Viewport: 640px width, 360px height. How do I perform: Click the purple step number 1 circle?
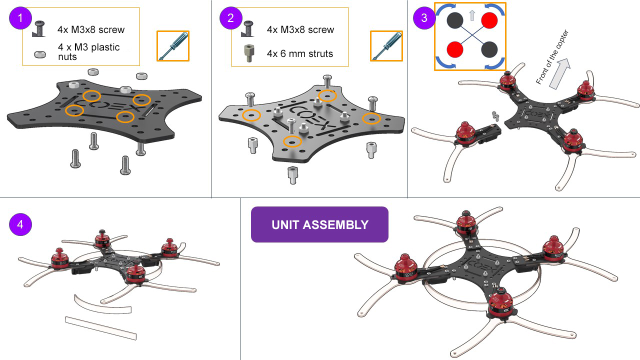[x=20, y=18]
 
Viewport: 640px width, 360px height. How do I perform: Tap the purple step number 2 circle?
[x=230, y=18]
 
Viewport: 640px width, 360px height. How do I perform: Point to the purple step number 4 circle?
[x=20, y=224]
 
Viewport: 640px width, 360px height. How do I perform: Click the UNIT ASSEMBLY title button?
[x=319, y=224]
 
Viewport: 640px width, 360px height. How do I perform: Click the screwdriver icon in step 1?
[x=173, y=46]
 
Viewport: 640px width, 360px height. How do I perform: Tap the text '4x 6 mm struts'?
[x=299, y=53]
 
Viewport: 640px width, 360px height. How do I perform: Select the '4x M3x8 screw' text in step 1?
[x=91, y=29]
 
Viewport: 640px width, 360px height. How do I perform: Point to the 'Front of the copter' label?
[x=552, y=57]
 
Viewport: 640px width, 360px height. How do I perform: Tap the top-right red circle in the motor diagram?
[x=488, y=20]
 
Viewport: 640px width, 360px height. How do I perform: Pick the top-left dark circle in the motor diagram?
[x=454, y=20]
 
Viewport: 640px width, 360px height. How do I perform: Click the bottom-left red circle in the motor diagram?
[x=454, y=49]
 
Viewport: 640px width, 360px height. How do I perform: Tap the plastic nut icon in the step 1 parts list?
[x=37, y=54]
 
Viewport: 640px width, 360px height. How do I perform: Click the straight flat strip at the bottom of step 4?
[x=100, y=328]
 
